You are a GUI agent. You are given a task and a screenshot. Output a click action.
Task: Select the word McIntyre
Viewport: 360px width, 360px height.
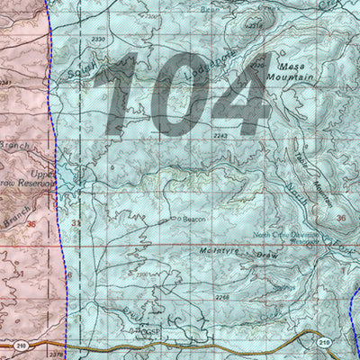[x=219, y=251]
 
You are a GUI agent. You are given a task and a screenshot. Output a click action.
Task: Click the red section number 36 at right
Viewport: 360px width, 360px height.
[x=340, y=219]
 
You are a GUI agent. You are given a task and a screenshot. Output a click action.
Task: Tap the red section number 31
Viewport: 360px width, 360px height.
[x=76, y=223]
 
